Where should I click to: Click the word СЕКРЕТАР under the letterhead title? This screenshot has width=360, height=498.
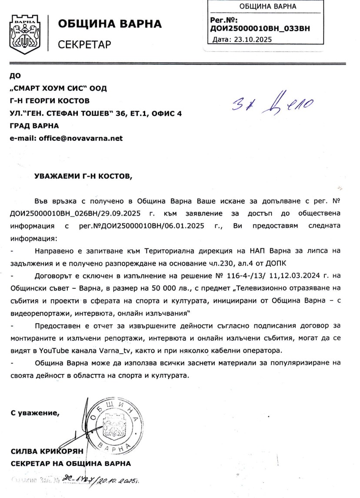pyautogui.click(x=85, y=44)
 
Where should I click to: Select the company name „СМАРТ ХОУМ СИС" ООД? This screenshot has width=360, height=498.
pyautogui.click(x=58, y=89)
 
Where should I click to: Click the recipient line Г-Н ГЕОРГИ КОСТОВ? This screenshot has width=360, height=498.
pyautogui.click(x=50, y=101)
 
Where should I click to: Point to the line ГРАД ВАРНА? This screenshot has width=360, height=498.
pyautogui.click(x=34, y=126)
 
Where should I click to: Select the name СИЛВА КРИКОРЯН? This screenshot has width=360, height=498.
pyautogui.click(x=48, y=451)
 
